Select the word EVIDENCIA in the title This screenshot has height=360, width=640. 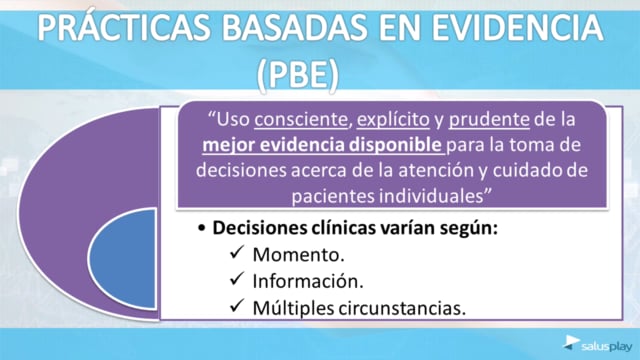tap(517, 28)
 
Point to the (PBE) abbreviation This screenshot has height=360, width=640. tap(298, 75)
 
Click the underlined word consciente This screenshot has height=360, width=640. tap(301, 120)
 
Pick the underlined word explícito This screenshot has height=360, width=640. tap(393, 120)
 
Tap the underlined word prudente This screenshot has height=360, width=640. tap(489, 120)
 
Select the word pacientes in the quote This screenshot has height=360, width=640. tap(333, 196)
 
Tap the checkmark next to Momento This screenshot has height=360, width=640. tap(237, 252)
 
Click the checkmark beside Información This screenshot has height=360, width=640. tap(237, 278)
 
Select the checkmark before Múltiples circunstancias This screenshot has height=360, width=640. tap(237, 305)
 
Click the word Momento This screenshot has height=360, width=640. tap(298, 255)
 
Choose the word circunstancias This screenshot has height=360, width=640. tap(402, 308)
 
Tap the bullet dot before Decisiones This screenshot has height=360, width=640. tap(201, 229)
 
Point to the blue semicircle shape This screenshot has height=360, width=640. tap(122, 259)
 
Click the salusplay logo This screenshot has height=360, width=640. tap(598, 344)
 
